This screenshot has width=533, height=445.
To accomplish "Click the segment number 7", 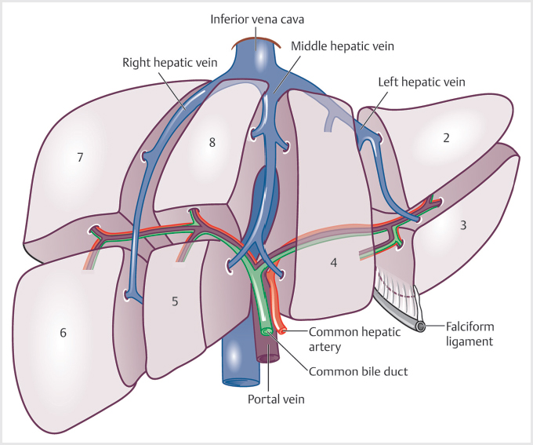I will point(80,157).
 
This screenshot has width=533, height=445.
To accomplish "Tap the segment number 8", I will point(211,142).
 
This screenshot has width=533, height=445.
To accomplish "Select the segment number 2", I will point(446,138).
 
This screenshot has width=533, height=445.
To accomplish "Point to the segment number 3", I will point(463,225).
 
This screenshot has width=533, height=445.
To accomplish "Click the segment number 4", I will point(334,262).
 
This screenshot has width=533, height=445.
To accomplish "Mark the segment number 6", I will point(63,333).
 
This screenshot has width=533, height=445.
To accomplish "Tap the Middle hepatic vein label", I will point(343,46).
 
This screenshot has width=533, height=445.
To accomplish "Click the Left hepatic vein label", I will point(421,81).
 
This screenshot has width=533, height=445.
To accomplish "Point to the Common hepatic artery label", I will point(354,338).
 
